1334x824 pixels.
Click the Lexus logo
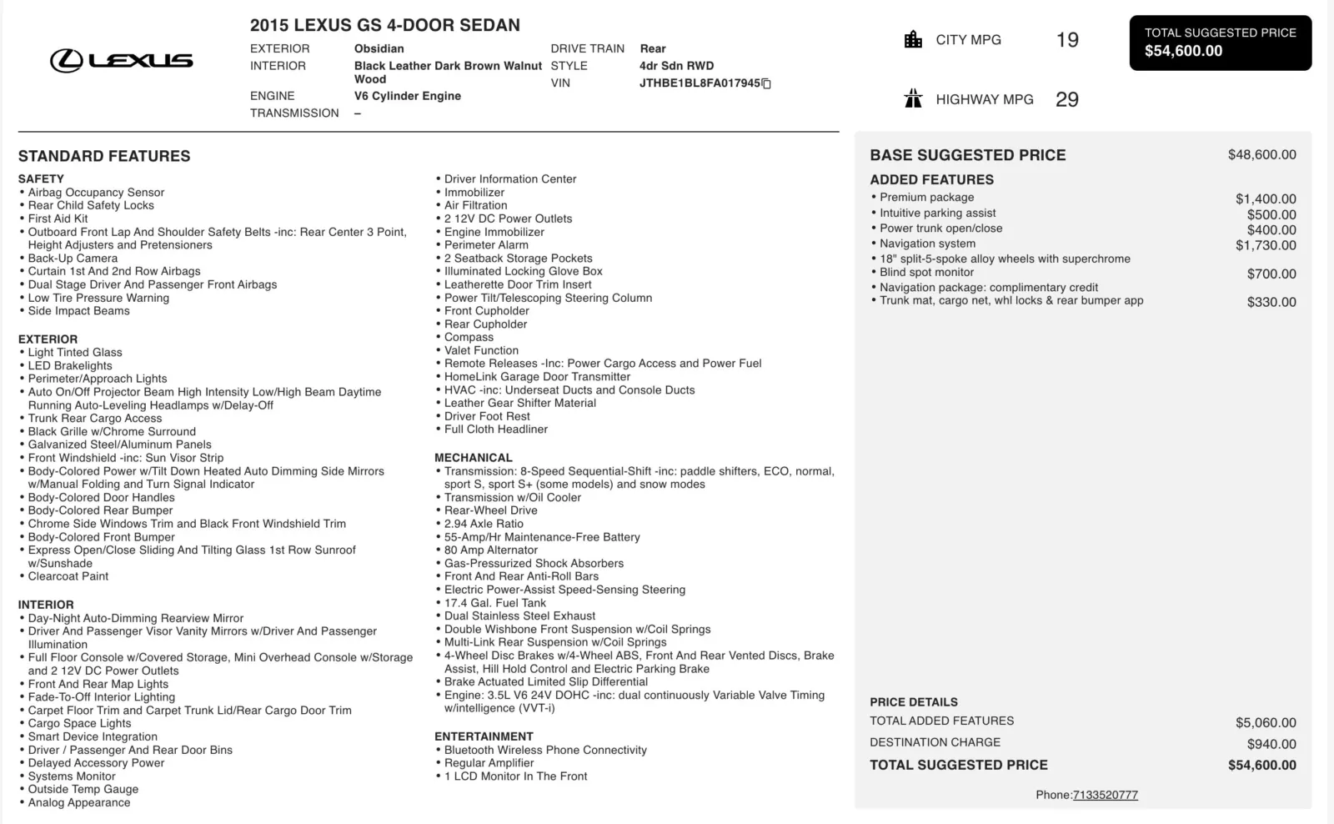(x=122, y=60)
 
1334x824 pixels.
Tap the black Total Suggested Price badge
(x=1220, y=43)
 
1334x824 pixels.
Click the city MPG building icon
(x=913, y=39)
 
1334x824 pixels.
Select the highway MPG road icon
(x=913, y=99)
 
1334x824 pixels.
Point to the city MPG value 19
(x=1067, y=40)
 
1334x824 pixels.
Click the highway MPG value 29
(x=1067, y=100)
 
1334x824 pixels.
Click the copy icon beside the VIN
(x=766, y=83)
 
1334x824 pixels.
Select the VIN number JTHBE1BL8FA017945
(x=700, y=83)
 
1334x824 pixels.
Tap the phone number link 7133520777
(x=1105, y=795)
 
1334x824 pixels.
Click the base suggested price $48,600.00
(x=1261, y=155)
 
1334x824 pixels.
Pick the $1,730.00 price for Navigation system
(x=1266, y=245)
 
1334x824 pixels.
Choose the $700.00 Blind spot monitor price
(x=1271, y=274)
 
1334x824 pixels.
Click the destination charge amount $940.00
(x=1271, y=744)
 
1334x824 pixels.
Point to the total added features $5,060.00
(x=1266, y=723)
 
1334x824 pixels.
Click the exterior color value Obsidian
(x=379, y=48)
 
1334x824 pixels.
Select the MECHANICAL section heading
(x=474, y=458)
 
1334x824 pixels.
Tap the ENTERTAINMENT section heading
(x=484, y=736)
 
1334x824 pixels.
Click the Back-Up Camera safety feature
(x=73, y=259)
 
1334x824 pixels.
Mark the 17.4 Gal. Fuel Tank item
(x=495, y=603)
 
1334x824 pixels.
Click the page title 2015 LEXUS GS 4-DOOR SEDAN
(x=385, y=25)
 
